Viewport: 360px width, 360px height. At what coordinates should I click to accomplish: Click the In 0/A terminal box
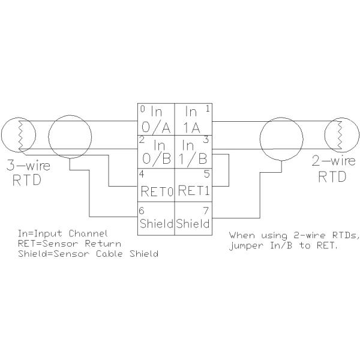156,120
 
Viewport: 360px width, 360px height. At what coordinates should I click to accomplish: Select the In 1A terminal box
192,120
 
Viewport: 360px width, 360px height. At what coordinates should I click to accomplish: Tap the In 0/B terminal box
156,153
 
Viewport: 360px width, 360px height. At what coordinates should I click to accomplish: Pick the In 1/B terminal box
192,153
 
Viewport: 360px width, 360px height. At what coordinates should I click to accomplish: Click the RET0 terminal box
156,186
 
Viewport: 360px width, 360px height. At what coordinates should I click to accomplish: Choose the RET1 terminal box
192,186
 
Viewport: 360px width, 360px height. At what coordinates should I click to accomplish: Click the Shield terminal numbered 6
156,219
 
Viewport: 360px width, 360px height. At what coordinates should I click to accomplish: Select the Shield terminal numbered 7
192,219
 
